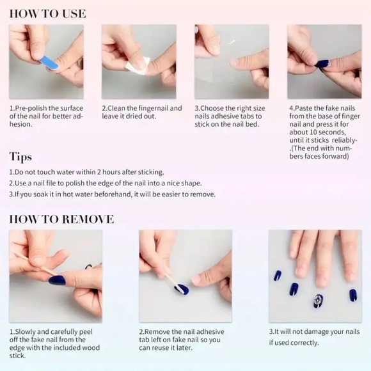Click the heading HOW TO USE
pos(47,13)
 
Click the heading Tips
pos(20,157)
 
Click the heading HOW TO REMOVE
pos(61,219)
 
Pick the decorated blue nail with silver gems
pos(318,299)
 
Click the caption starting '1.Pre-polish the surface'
pos(46,116)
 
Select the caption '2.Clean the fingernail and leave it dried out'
pos(142,113)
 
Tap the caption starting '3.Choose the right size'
pos(230,116)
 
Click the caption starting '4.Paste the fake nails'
pos(324,132)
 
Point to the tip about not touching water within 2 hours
pos(86,172)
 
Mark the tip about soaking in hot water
pos(112,194)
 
